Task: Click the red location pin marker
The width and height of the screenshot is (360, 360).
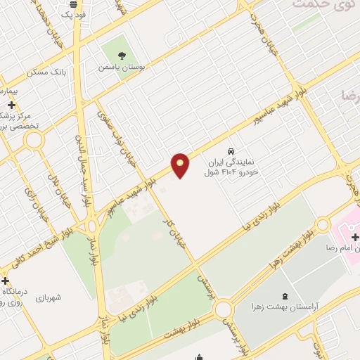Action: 181,165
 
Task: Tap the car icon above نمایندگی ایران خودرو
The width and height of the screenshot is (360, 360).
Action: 230,150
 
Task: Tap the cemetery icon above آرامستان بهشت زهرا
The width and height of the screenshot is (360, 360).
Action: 284,295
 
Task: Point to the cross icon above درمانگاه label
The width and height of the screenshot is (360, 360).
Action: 6,281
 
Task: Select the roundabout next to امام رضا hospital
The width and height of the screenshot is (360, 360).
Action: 322,225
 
